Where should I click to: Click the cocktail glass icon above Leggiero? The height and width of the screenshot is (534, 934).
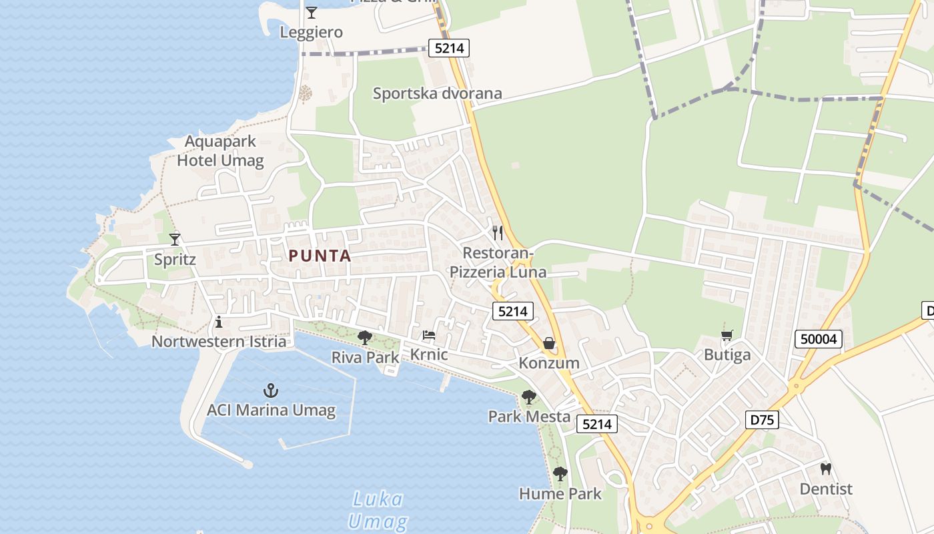[x=311, y=12]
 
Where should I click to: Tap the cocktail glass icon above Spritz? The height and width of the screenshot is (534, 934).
[x=175, y=239]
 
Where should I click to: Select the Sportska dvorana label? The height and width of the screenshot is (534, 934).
[x=437, y=93]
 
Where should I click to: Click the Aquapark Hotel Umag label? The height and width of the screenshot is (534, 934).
[x=220, y=151]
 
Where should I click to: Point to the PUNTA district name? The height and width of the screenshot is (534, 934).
[x=320, y=256]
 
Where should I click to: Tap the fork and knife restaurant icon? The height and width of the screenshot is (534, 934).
[x=498, y=233]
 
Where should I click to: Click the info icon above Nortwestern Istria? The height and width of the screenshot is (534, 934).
[x=219, y=322]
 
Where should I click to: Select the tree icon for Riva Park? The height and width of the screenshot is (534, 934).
[x=364, y=338]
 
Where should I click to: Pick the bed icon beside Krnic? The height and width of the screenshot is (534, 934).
[x=429, y=335]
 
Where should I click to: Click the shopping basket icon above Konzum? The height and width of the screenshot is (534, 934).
[x=548, y=343]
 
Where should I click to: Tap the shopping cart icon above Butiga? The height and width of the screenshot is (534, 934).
[x=727, y=335]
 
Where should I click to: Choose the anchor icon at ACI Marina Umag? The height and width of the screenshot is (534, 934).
[x=270, y=390]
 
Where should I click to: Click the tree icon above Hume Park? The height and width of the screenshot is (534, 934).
[x=560, y=474]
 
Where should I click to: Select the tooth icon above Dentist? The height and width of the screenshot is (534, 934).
[x=826, y=469]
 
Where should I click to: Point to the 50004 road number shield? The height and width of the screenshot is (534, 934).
[x=819, y=339]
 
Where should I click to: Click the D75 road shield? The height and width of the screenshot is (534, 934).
[x=761, y=420]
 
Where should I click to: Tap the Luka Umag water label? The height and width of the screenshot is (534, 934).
[x=378, y=510]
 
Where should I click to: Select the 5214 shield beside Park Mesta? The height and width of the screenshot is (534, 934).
[x=596, y=424]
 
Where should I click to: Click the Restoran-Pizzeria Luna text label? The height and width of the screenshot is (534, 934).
[x=498, y=262]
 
